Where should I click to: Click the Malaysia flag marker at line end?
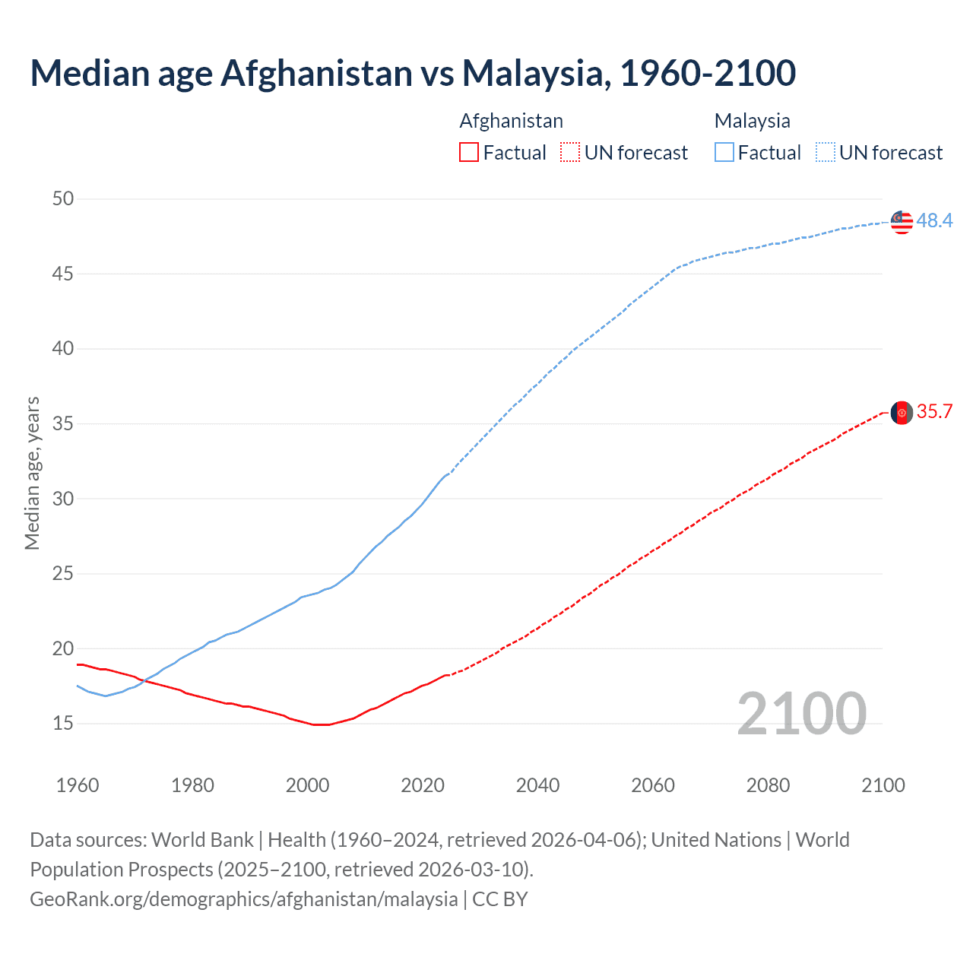(x=902, y=221)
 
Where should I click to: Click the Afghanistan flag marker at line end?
(x=902, y=413)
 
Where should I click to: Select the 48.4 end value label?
(x=934, y=221)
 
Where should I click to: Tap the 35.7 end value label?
(x=934, y=412)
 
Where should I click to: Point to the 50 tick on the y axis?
(x=63, y=199)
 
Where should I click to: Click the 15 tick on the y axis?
(x=63, y=724)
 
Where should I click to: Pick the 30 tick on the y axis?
(x=63, y=499)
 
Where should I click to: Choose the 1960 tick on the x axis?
(x=78, y=785)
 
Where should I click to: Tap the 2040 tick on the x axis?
(x=537, y=785)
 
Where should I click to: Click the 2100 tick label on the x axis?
(x=883, y=785)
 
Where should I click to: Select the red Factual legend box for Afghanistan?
(x=469, y=153)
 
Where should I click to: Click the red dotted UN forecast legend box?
(x=570, y=153)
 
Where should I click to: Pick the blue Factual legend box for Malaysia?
(x=724, y=153)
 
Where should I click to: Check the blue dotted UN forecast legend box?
(x=825, y=153)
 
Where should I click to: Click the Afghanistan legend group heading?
(x=511, y=121)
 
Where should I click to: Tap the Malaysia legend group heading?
(x=752, y=121)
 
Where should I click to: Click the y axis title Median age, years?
(x=32, y=473)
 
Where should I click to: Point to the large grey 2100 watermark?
(x=801, y=714)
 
